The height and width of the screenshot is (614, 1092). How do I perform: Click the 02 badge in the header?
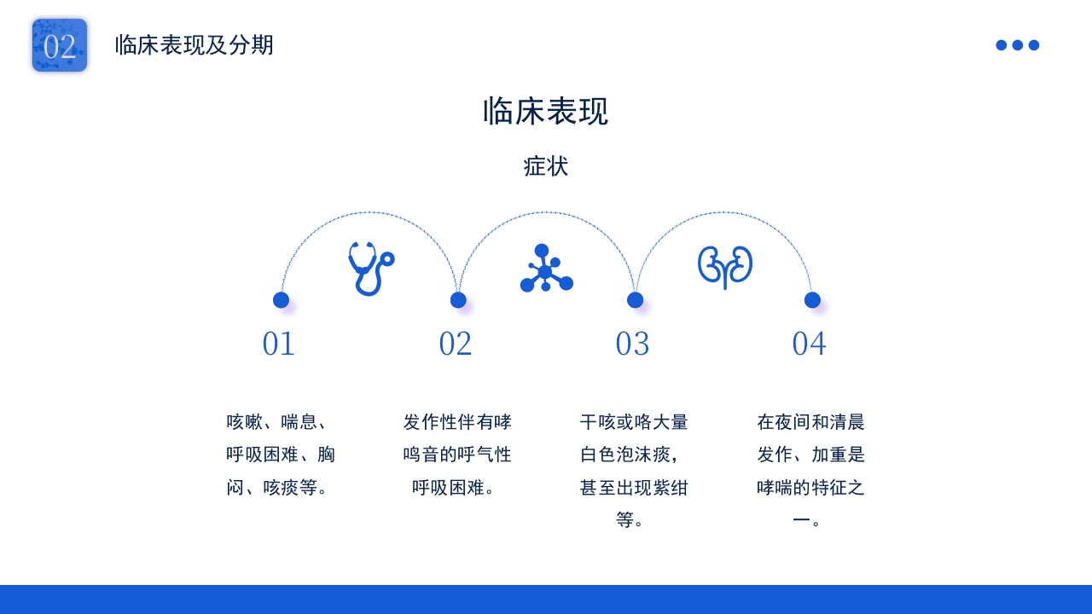point(60,45)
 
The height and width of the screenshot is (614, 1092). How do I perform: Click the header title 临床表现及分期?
point(194,45)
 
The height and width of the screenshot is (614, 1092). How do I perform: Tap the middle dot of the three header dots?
point(1018,45)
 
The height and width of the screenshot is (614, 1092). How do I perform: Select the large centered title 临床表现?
point(545,111)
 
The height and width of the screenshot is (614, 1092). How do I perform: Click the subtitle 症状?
point(545,166)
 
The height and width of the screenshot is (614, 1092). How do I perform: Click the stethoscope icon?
point(371,269)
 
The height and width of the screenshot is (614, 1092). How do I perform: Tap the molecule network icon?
point(547,268)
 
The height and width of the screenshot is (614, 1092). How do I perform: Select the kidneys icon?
point(725,268)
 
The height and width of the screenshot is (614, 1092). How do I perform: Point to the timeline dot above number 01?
point(281,300)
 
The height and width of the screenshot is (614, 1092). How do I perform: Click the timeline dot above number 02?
point(458,300)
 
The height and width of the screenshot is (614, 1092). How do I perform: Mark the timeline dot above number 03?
point(635,300)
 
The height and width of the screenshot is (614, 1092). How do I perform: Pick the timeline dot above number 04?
point(812,300)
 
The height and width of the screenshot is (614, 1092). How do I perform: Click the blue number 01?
point(278,344)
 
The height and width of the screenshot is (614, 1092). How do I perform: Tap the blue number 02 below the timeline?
point(456,344)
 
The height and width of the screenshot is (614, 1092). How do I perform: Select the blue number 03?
point(632,344)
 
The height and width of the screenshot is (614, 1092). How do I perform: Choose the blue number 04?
point(810,344)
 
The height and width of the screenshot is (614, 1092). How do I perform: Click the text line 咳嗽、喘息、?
point(276,422)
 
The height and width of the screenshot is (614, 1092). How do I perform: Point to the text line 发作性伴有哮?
point(457,422)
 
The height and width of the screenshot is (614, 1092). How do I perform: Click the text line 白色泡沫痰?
point(630,455)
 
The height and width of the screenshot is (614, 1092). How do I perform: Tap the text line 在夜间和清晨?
point(810,422)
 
